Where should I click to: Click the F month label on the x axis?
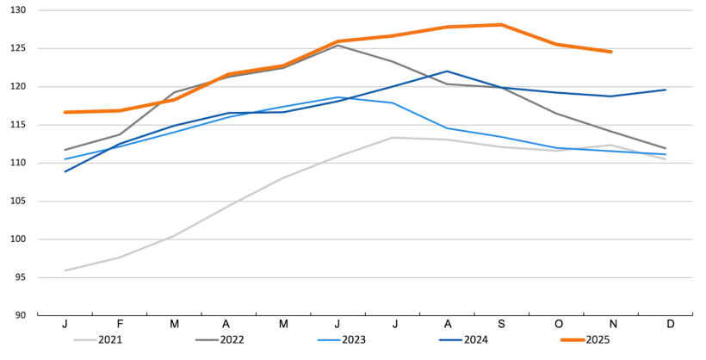pyautogui.click(x=120, y=323)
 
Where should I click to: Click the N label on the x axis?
pyautogui.click(x=611, y=323)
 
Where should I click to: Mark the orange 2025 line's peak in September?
pyautogui.click(x=502, y=25)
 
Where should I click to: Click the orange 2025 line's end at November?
pyautogui.click(x=611, y=52)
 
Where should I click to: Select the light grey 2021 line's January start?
pyautogui.click(x=65, y=270)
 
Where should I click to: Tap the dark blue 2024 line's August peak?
pyautogui.click(x=447, y=71)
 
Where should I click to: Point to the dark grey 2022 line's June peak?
pyautogui.click(x=338, y=45)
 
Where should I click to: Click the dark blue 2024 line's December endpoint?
pyautogui.click(x=666, y=90)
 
